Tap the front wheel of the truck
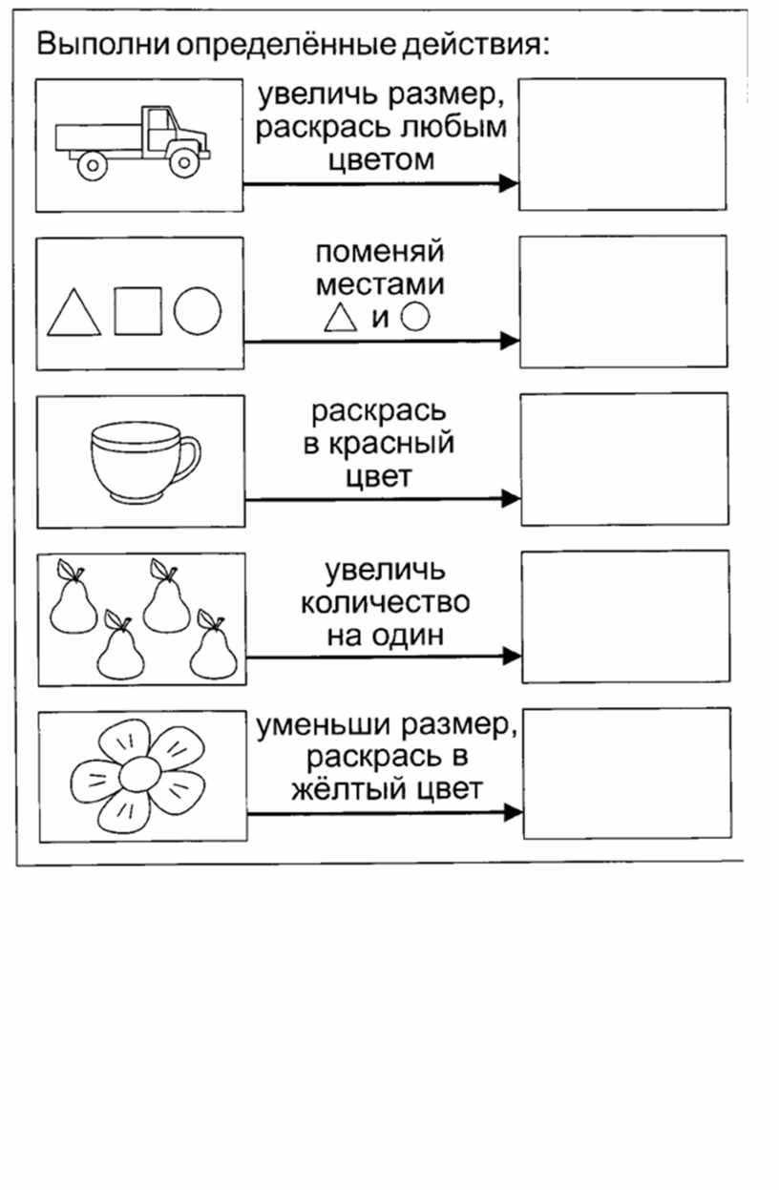[x=183, y=162]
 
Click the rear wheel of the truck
[x=93, y=164]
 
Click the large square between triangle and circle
[x=138, y=311]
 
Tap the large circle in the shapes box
[x=198, y=311]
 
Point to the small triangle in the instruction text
[x=341, y=318]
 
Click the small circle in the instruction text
[x=415, y=317]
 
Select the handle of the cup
[x=192, y=457]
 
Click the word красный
[x=391, y=444]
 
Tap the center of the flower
[x=139, y=776]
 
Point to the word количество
[x=386, y=603]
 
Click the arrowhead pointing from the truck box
[x=508, y=183]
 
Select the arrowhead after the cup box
[x=511, y=498]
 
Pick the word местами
[x=380, y=284]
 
